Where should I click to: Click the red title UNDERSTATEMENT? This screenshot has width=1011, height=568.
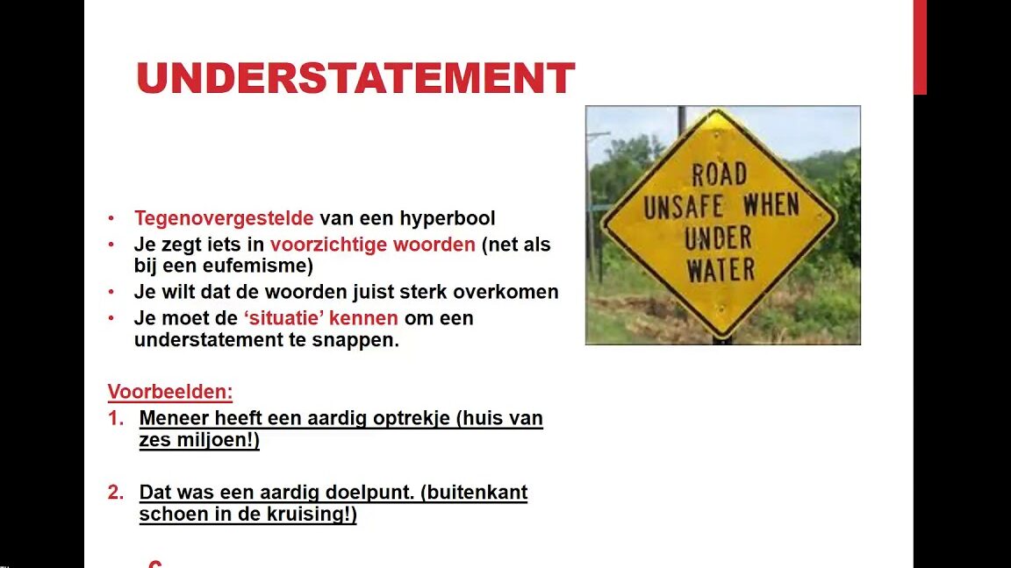point(355,78)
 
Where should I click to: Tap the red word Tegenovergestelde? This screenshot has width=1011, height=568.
point(224,218)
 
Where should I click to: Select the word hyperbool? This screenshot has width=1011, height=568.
point(448,218)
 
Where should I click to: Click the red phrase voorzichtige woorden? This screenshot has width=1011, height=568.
point(373,245)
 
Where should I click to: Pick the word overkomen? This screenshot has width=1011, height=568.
point(505,292)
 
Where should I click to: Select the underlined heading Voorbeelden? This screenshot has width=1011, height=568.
point(170,392)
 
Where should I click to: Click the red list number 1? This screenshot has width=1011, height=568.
point(116,419)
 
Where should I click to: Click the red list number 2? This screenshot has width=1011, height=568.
point(116,493)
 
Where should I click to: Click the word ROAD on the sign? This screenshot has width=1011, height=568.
point(720,174)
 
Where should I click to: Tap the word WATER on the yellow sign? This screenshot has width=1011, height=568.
point(721,270)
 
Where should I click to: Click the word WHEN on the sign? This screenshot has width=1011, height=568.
point(771,206)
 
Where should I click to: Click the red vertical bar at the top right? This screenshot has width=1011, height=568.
point(920,47)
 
